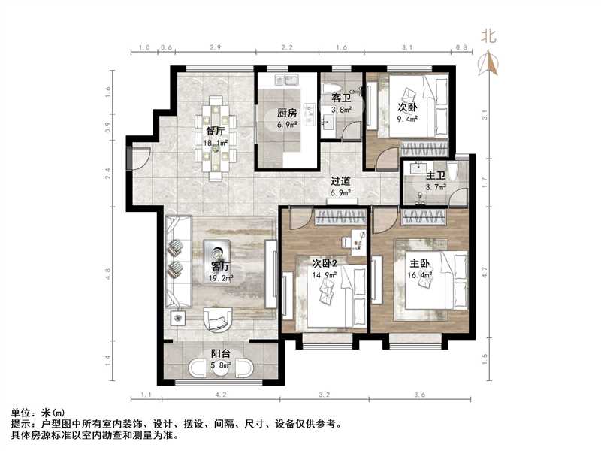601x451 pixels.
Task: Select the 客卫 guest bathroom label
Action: tap(342, 98)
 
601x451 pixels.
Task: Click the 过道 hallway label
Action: tap(341, 181)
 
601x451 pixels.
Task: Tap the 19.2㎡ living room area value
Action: tap(221, 277)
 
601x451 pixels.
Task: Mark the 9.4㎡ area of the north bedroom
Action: tap(408, 118)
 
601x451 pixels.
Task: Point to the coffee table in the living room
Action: tap(219, 253)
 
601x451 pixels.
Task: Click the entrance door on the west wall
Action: tap(138, 159)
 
